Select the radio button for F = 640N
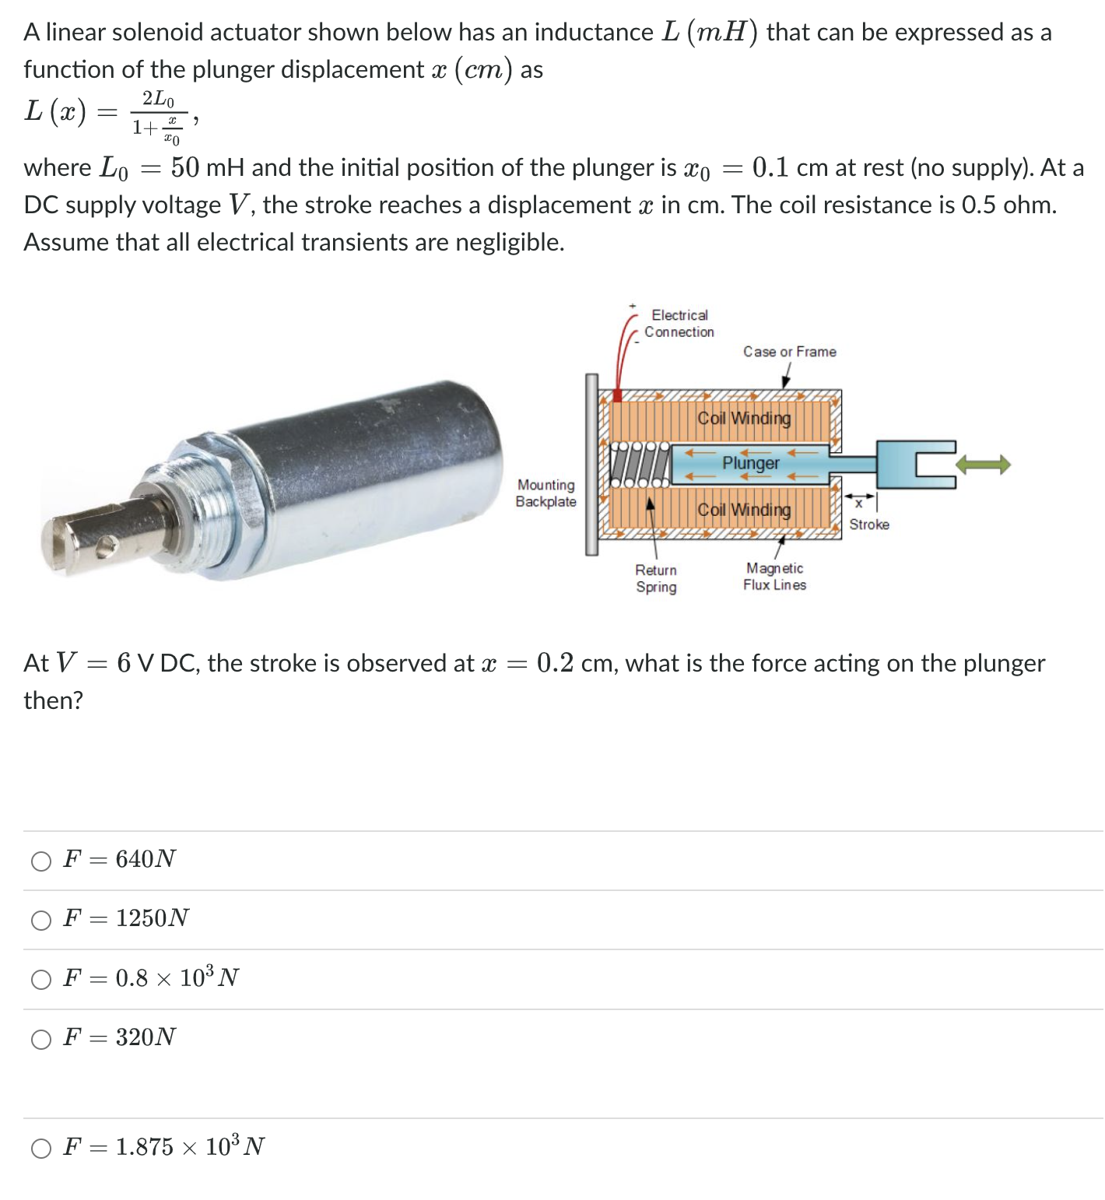[x=40, y=861]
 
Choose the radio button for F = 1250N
[x=40, y=920]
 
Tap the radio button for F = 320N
[x=40, y=1039]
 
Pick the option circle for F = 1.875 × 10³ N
[x=40, y=1148]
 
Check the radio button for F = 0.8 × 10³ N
[x=40, y=979]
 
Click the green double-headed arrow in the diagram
[x=983, y=465]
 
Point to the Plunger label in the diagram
[x=750, y=463]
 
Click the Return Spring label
[x=656, y=578]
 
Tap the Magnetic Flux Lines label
[x=774, y=577]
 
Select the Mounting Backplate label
[x=546, y=493]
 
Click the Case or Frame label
[x=789, y=352]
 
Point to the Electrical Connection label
[x=679, y=323]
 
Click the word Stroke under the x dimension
[x=869, y=525]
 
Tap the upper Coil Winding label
[x=744, y=418]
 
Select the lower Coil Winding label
[x=744, y=510]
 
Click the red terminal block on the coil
[x=617, y=395]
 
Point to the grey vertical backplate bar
[x=591, y=465]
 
